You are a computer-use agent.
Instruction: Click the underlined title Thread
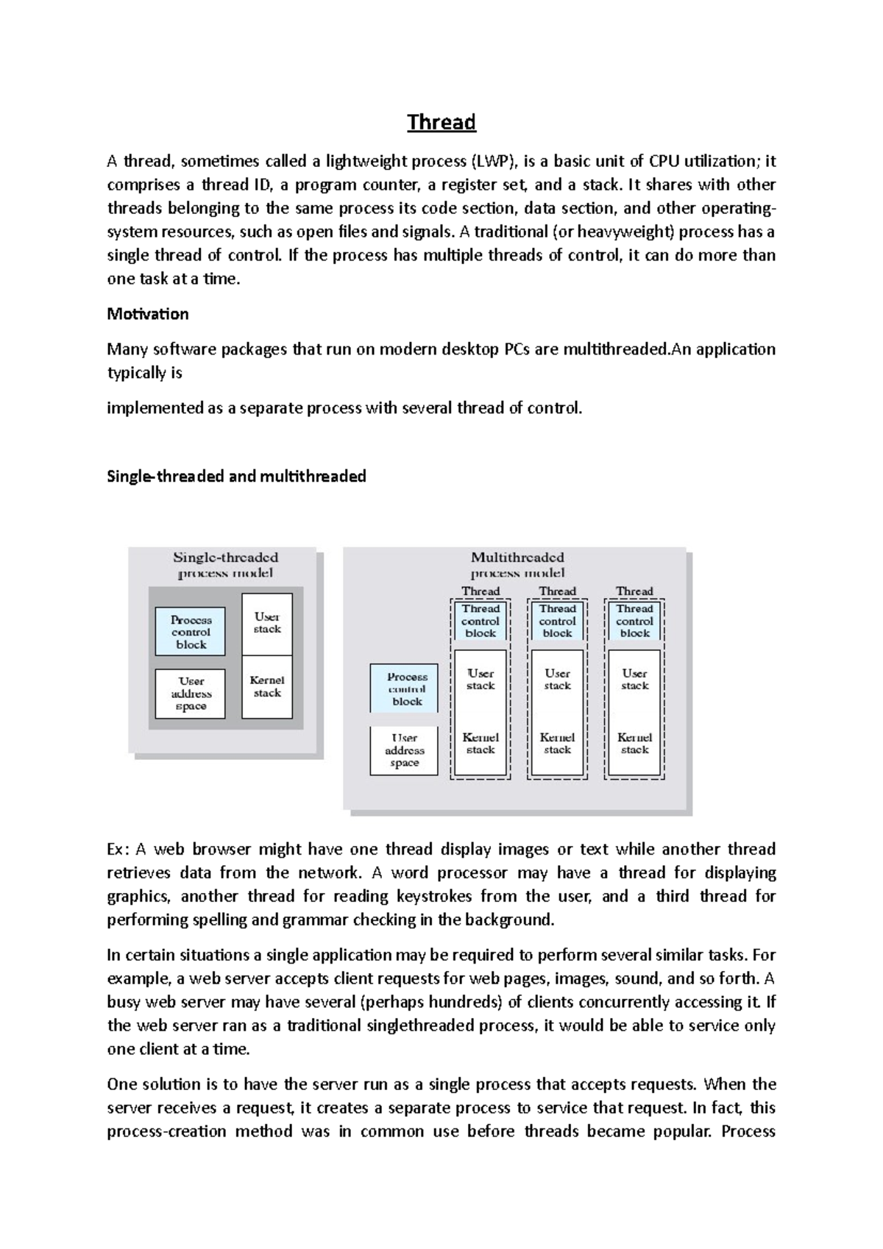point(441,122)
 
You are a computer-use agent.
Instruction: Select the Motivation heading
point(148,314)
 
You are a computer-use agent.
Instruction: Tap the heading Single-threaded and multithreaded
point(236,476)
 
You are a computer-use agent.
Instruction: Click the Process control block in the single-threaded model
point(191,632)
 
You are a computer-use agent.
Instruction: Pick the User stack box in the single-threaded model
point(267,623)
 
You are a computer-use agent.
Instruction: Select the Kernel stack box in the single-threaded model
point(267,686)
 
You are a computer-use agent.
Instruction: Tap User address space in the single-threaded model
point(191,694)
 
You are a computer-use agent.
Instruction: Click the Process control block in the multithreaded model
point(407,689)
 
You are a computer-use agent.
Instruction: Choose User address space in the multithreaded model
point(405,750)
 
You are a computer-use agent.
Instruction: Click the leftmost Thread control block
point(480,621)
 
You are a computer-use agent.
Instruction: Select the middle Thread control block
point(558,621)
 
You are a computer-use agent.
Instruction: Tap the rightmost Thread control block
point(634,621)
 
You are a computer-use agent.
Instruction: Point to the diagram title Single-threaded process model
point(225,565)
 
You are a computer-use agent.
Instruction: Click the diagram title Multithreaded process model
point(518,565)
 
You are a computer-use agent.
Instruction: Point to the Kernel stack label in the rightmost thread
point(634,743)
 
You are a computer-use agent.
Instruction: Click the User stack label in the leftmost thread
point(480,679)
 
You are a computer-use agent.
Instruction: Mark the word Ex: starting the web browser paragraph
point(118,850)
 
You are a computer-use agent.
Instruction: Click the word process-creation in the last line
point(166,1131)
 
